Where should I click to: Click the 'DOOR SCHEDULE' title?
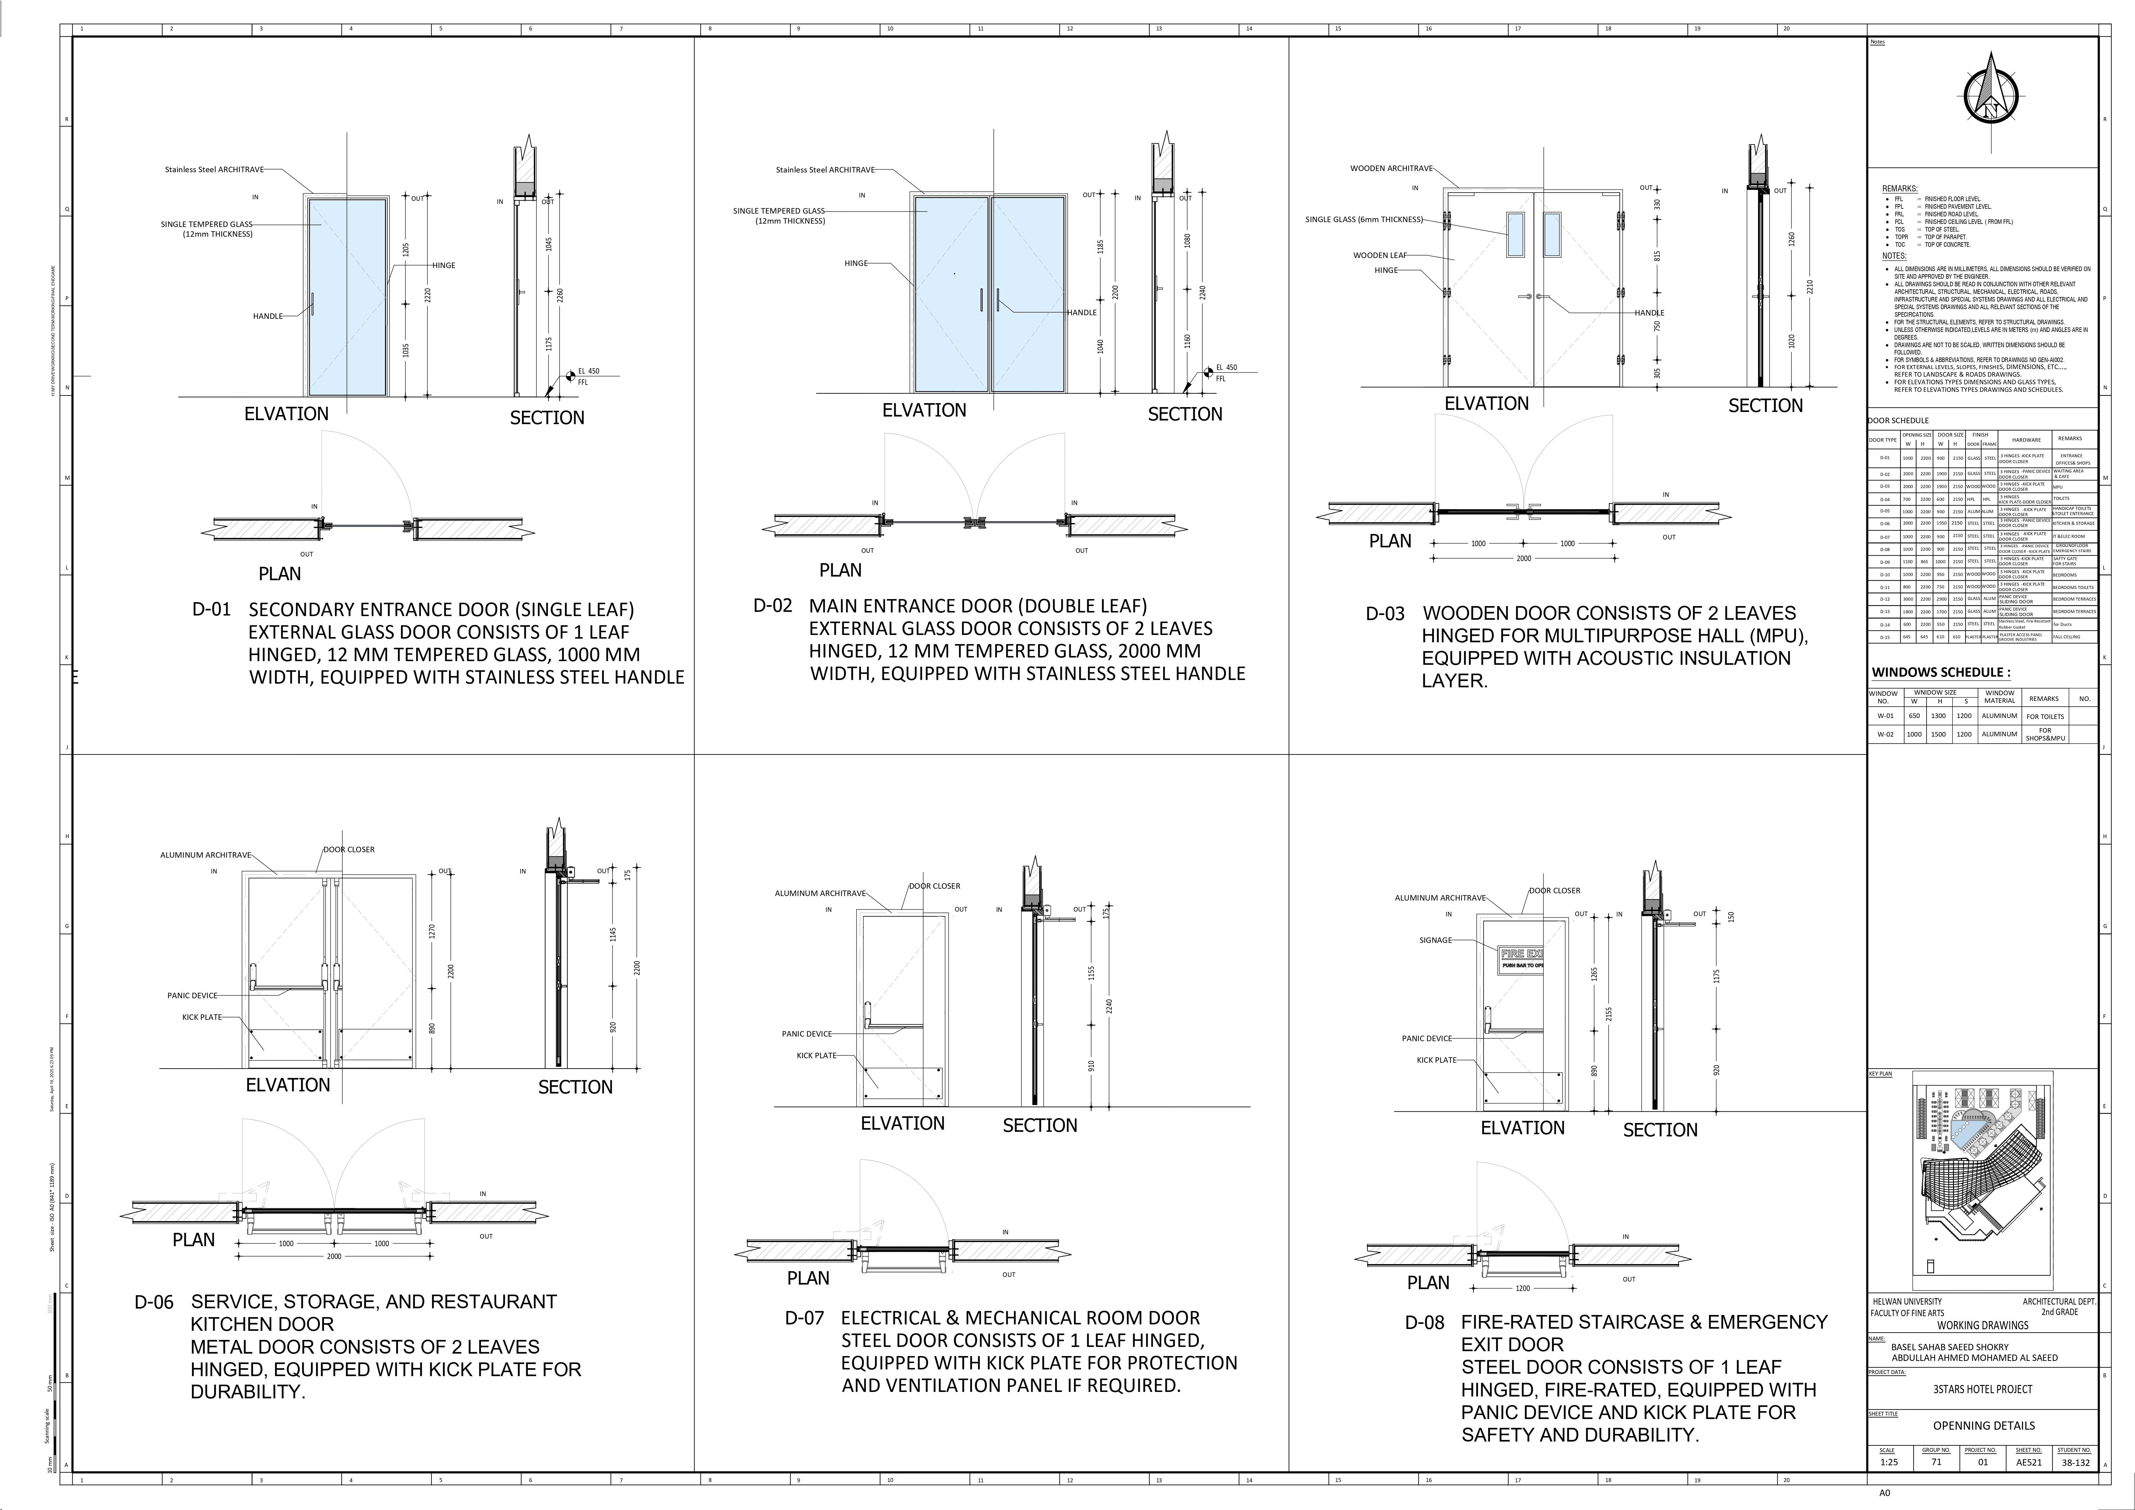1898,420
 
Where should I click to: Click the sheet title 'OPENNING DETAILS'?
1983,1425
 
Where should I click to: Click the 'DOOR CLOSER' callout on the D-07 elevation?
934,886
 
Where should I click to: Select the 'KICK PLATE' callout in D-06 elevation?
202,1017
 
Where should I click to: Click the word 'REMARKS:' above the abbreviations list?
1900,189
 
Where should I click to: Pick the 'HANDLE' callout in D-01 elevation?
268,316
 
